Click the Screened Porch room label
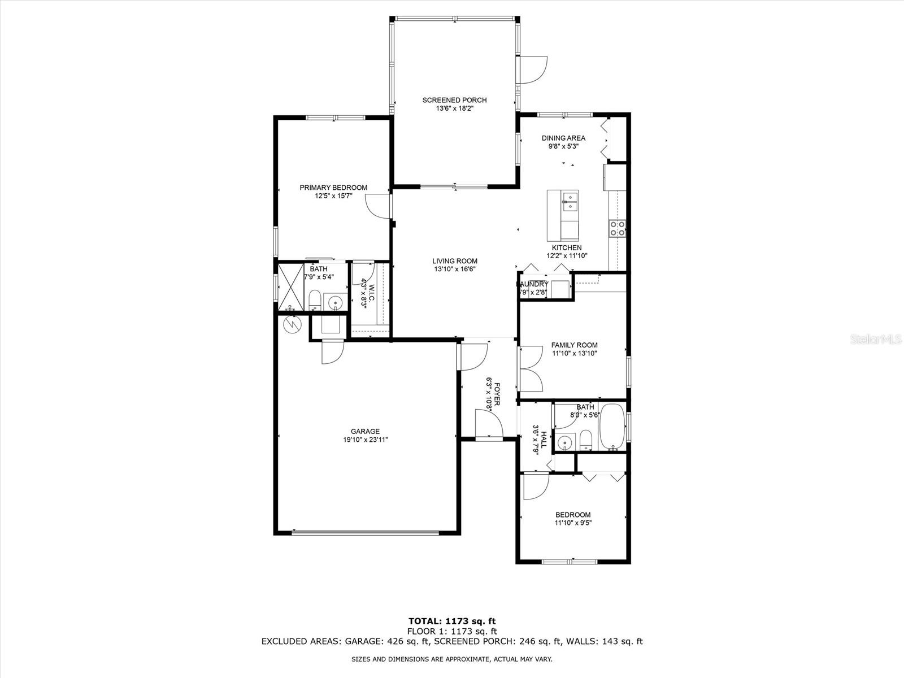(454, 101)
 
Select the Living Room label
(455, 261)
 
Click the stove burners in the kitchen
(617, 228)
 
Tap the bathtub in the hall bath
(612, 425)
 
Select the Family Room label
(574, 345)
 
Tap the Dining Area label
(563, 138)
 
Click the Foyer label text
(497, 394)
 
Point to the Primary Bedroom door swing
(377, 206)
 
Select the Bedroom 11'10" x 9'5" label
(573, 519)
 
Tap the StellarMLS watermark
(879, 340)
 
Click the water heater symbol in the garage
(292, 324)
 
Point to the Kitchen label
(567, 247)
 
